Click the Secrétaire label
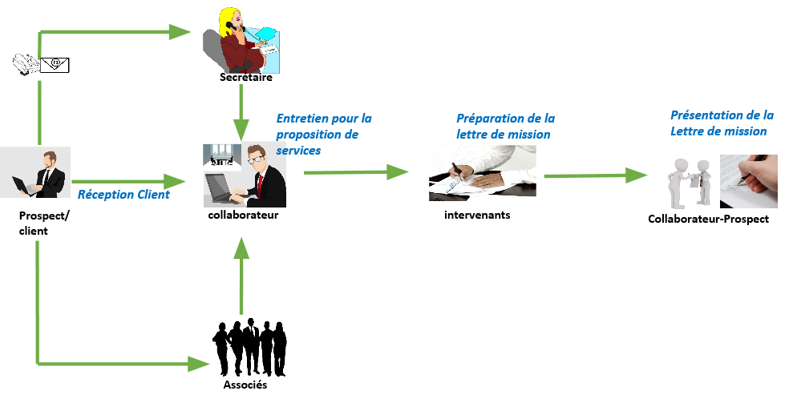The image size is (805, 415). pos(246,78)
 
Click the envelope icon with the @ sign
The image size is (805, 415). pos(55,63)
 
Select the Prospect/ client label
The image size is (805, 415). pos(34,224)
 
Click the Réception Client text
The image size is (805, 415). pos(123,194)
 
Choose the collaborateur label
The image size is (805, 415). pos(243,215)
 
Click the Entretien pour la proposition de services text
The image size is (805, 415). pos(324,134)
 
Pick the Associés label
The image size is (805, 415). pos(245,385)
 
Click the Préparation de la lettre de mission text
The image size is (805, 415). pos(505,126)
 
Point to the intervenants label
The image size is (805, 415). pos(477,215)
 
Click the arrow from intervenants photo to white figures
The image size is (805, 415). pos(595,175)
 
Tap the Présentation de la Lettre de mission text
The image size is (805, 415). pos(722,123)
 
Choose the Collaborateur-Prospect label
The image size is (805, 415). pos(708,219)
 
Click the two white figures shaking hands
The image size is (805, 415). pos(692,180)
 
